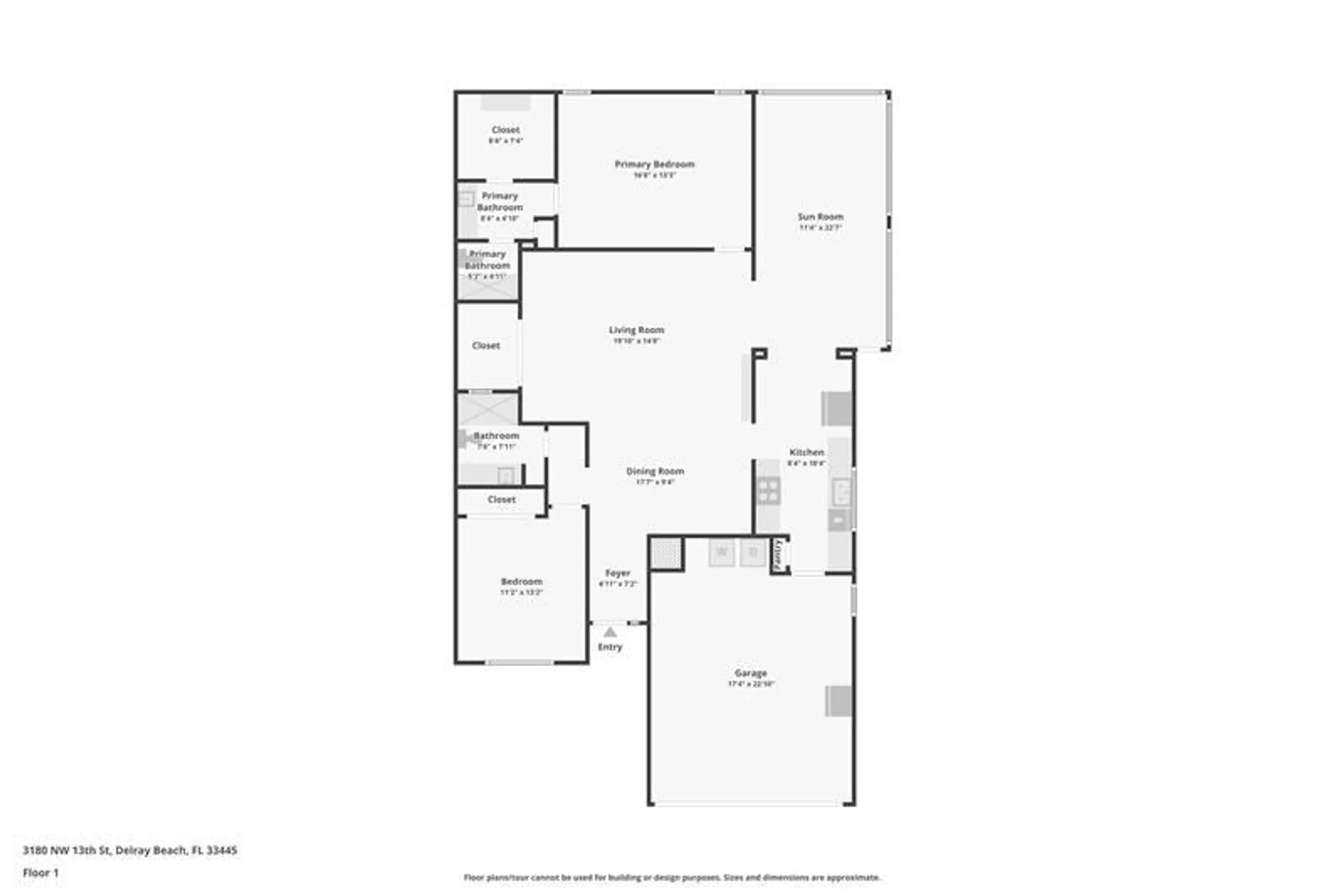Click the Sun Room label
tap(820, 216)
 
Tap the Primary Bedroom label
tap(654, 164)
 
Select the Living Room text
tap(636, 330)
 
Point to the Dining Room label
tap(655, 471)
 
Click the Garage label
tap(750, 673)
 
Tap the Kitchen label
tap(806, 452)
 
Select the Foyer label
tap(617, 573)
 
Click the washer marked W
tap(722, 553)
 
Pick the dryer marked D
tap(753, 553)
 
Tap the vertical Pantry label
tap(778, 555)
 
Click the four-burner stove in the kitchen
tap(768, 490)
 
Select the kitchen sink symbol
tap(841, 492)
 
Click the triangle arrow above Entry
tap(610, 633)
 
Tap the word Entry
tap(610, 647)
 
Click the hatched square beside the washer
tap(666, 554)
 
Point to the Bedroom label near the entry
tap(521, 581)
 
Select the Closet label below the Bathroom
tap(501, 499)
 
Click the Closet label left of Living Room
tap(485, 345)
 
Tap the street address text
tap(130, 850)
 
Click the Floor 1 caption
tap(40, 872)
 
